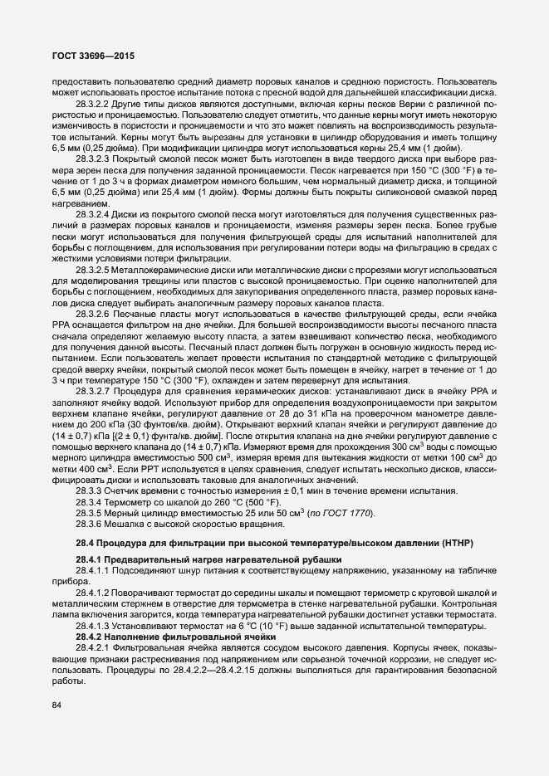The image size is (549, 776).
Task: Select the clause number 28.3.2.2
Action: click(91, 105)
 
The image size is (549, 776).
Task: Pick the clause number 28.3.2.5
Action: click(91, 270)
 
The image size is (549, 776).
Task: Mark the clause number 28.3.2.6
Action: click(91, 316)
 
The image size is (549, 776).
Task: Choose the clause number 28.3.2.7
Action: click(91, 390)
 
